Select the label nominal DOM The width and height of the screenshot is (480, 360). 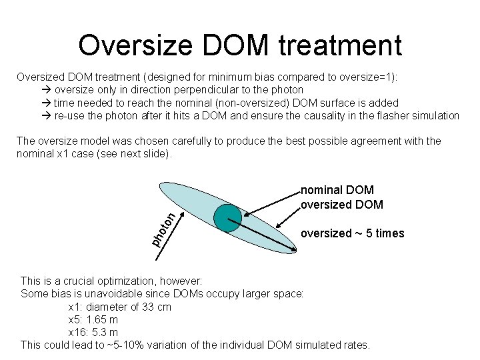337,191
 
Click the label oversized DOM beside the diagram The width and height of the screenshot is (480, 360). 342,204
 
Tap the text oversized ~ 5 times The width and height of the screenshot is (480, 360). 352,233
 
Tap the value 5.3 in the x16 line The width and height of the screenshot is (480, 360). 102,332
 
